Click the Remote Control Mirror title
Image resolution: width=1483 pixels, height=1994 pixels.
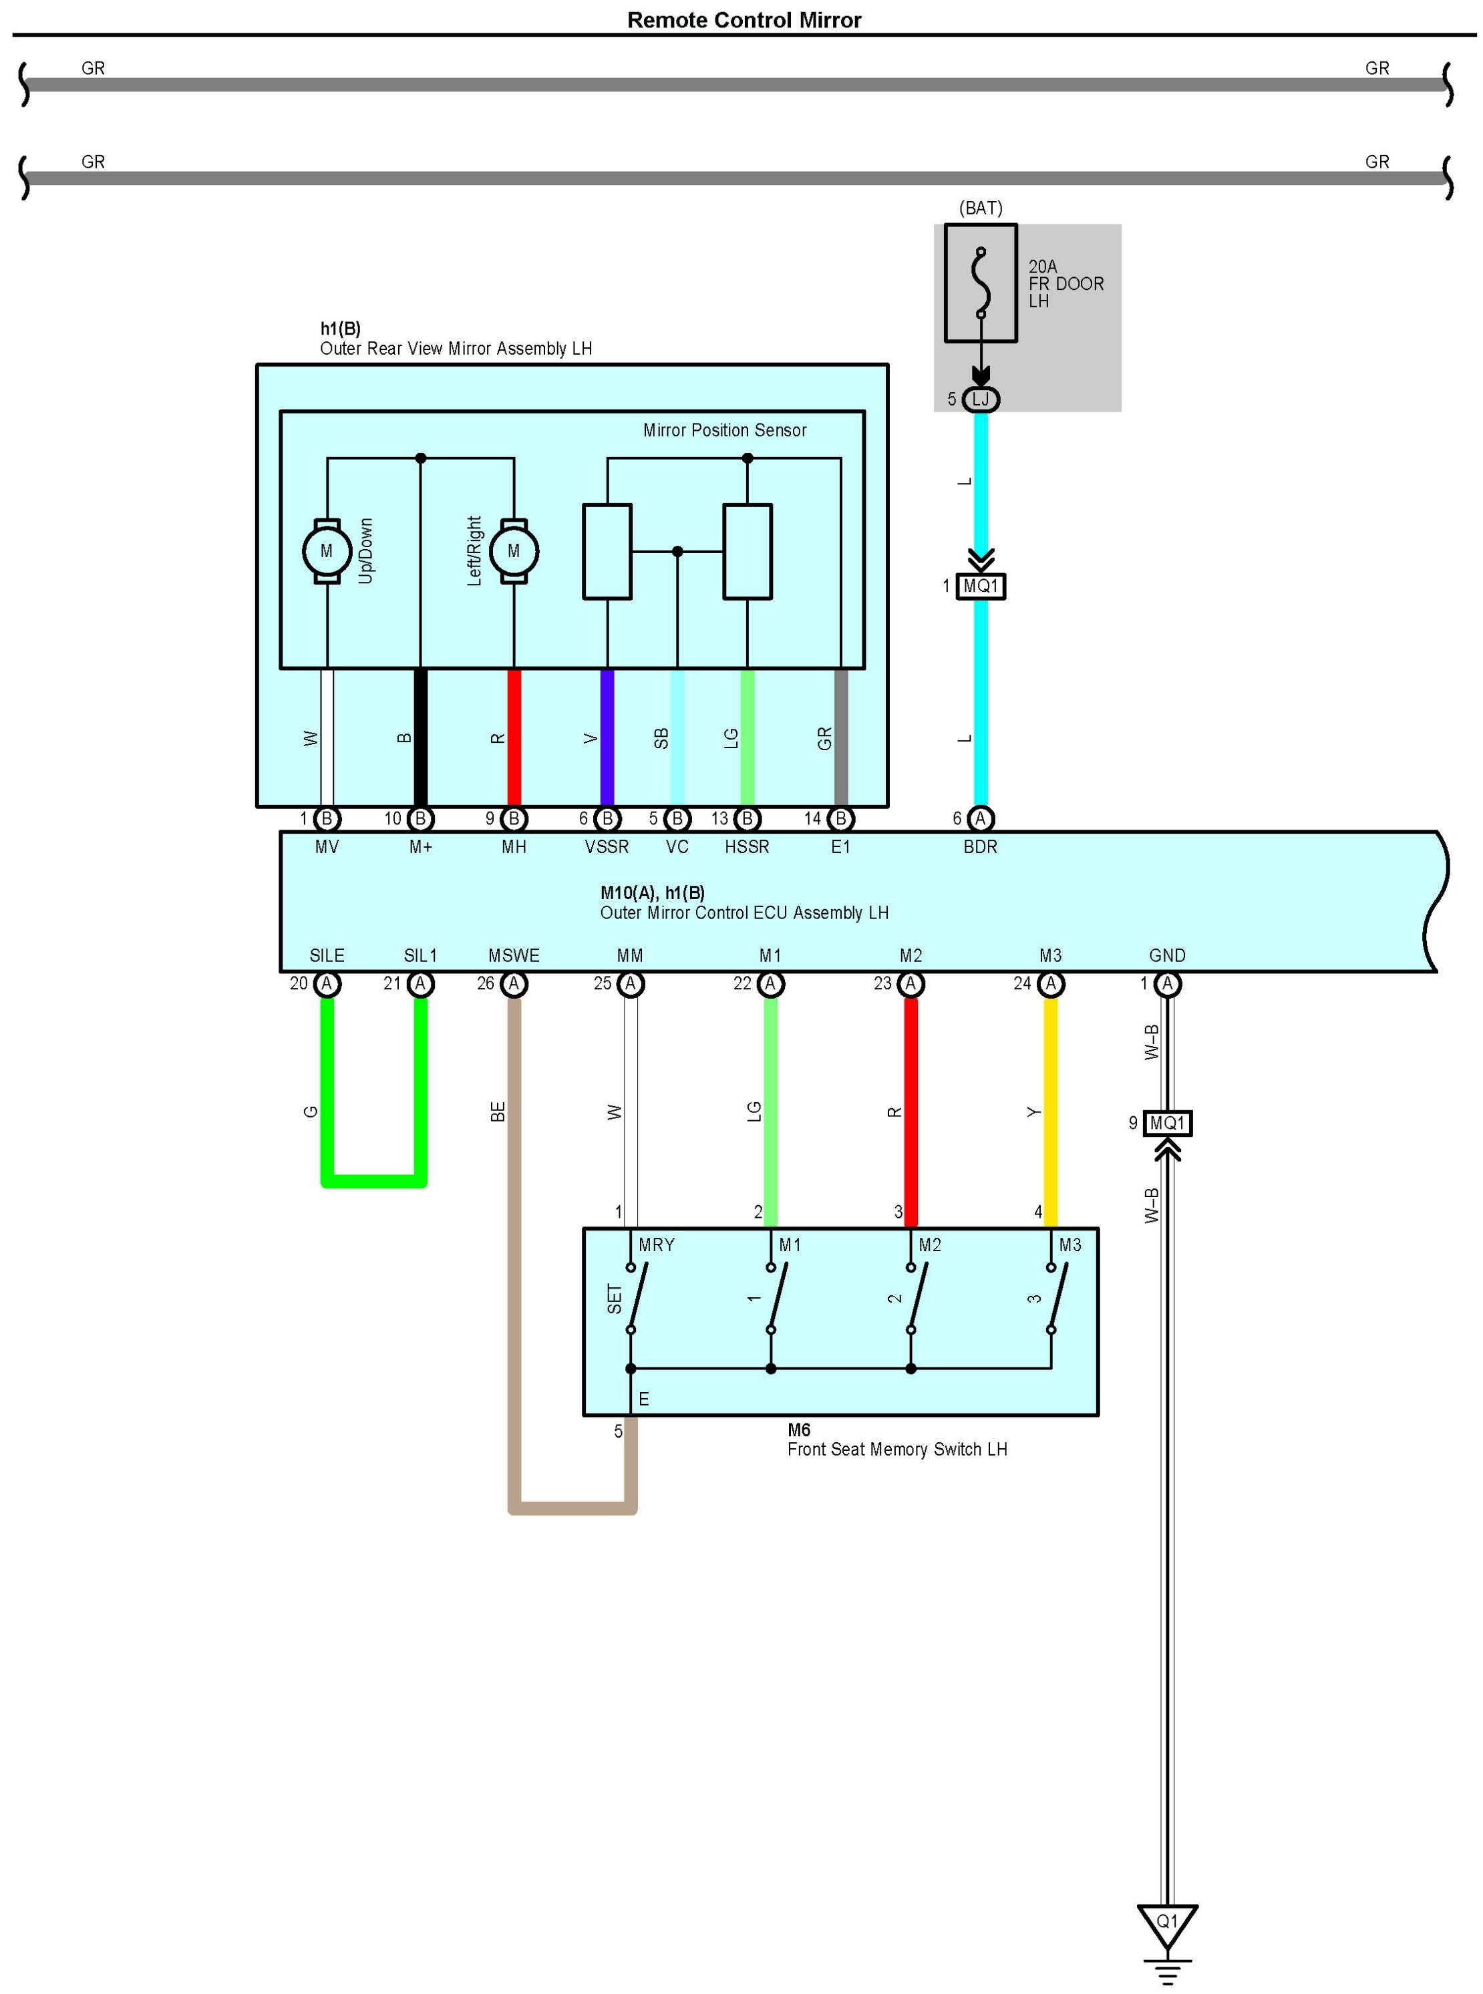[x=744, y=20]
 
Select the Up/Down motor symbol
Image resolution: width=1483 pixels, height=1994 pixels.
[x=326, y=550]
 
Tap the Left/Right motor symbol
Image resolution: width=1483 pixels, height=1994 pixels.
[x=514, y=550]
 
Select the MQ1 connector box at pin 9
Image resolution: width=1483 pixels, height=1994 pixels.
[x=1167, y=1122]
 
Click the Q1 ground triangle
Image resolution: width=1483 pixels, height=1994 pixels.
[x=1166, y=1924]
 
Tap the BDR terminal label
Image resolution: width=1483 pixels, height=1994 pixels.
[x=980, y=846]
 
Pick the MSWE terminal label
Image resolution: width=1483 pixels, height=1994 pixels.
[x=514, y=955]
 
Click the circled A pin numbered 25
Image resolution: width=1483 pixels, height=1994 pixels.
[x=630, y=984]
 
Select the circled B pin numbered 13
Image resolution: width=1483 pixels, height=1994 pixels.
[x=747, y=819]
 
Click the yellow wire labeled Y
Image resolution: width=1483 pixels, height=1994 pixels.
[x=1050, y=1112]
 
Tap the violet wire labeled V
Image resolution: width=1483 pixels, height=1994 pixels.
[x=607, y=738]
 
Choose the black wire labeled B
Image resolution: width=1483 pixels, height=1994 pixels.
[x=420, y=738]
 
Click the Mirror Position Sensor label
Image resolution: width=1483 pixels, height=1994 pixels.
[x=724, y=430]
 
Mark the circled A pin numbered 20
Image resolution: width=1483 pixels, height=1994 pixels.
[x=327, y=984]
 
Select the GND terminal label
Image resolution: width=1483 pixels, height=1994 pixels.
[x=1167, y=955]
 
